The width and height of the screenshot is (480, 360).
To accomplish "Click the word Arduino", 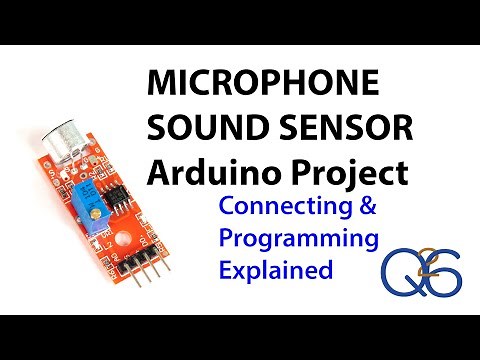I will pos(208,172).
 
